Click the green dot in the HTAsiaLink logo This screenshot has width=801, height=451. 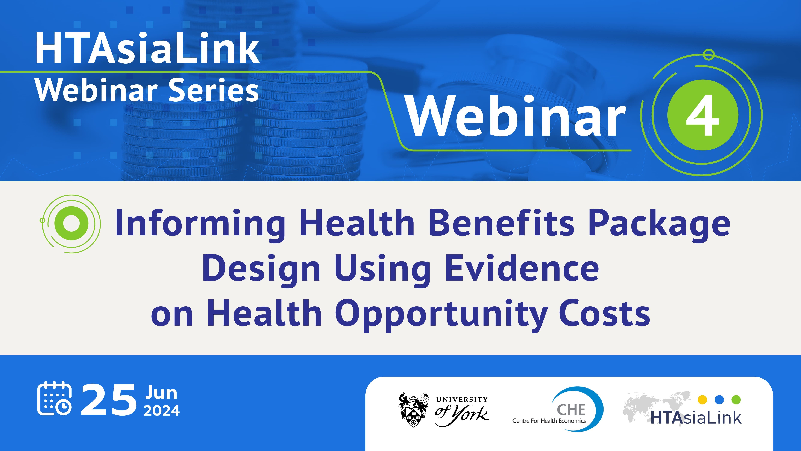click(x=736, y=400)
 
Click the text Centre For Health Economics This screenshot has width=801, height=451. click(x=549, y=421)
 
